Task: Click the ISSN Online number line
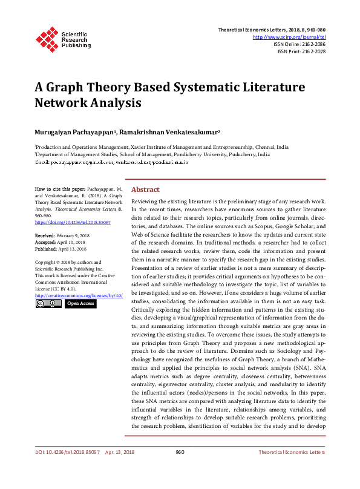point(299,44)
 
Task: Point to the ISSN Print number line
point(301,51)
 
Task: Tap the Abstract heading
point(145,189)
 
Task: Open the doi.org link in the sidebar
point(64,222)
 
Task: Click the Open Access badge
point(80,303)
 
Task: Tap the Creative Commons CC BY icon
point(48,303)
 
